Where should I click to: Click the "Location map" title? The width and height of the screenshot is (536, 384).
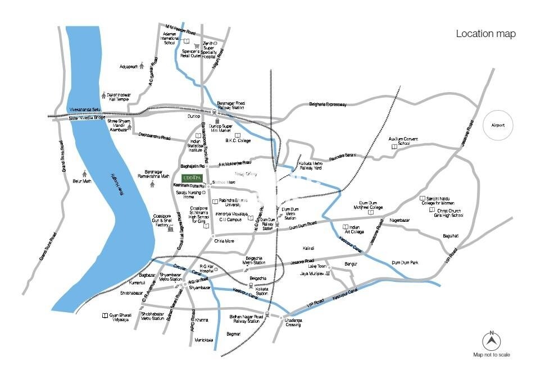point(485,34)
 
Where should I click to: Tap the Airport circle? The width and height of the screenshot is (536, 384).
point(498,125)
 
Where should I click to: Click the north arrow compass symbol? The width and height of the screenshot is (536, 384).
point(492,340)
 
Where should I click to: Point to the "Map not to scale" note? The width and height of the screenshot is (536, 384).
point(492,355)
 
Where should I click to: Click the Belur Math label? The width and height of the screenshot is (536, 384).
point(81,181)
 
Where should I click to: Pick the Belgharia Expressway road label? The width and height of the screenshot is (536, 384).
point(328,104)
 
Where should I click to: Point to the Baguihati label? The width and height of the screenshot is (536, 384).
point(451,236)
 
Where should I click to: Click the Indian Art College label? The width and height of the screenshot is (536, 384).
point(353,229)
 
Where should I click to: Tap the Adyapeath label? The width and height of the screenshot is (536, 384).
point(129,66)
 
